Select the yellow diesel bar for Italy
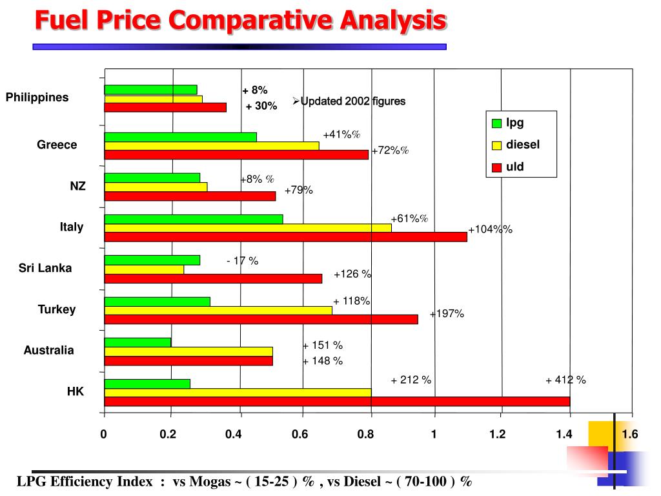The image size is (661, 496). coord(248,228)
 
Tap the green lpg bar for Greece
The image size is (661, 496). coord(180,137)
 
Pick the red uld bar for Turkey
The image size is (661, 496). coord(261,319)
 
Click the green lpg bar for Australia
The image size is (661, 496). coord(137,342)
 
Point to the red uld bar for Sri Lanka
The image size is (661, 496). coord(213,278)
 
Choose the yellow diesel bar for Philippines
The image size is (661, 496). coord(153,99)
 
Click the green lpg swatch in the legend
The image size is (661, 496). coord(496,123)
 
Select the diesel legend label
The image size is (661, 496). coord(522,145)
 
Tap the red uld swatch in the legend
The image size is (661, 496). coord(496,168)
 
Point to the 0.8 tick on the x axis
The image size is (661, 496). coord(365,435)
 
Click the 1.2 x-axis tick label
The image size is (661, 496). coord(497,435)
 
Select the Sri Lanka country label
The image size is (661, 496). coord(45,268)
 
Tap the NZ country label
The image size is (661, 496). coord(77,186)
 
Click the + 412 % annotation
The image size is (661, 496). coord(565,380)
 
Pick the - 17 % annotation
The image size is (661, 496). coord(242,261)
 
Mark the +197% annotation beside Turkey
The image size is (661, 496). coord(447,314)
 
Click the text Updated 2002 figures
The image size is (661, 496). coord(352,101)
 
